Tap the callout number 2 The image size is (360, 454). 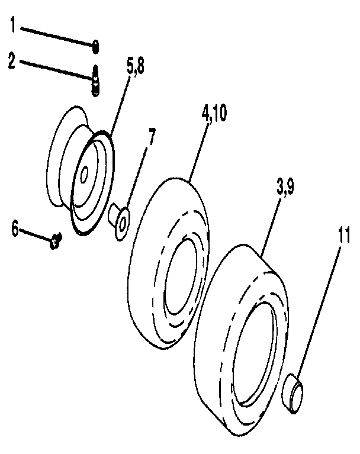11,61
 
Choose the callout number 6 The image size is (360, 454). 15,228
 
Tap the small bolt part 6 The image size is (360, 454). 56,240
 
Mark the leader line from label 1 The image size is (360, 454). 56,36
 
